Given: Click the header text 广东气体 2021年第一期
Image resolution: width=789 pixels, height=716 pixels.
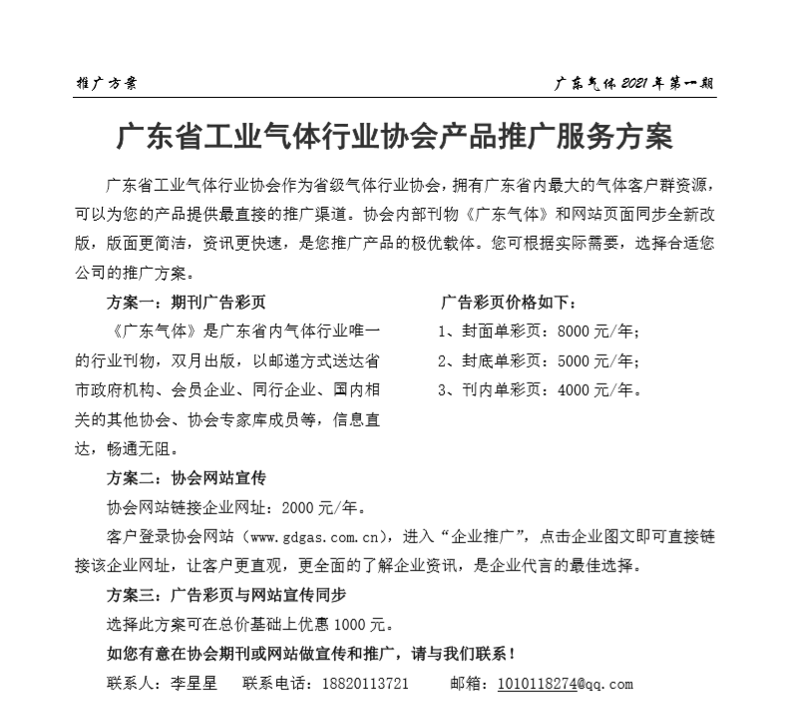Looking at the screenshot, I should coord(634,84).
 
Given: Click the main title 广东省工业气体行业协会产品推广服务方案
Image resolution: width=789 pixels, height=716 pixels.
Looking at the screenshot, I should coord(395,137).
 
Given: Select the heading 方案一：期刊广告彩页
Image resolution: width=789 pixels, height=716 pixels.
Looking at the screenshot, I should coord(187,302).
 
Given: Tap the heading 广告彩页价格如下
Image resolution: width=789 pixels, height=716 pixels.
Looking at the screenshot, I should coord(508,302).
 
